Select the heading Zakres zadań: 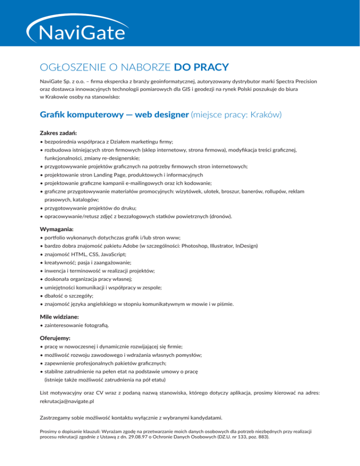pyautogui.click(x=55, y=133)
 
